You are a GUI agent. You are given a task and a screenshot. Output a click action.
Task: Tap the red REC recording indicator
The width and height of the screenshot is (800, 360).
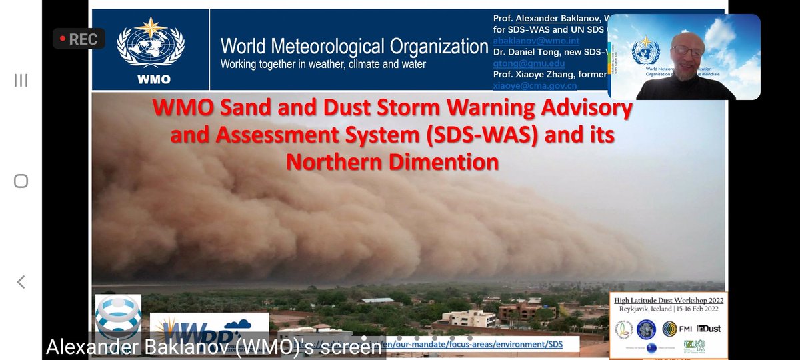[x=78, y=39]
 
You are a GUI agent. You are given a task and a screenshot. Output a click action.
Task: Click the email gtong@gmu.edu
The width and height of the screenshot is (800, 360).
[x=521, y=63]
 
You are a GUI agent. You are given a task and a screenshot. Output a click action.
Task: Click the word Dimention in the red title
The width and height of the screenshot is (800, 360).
[x=436, y=162]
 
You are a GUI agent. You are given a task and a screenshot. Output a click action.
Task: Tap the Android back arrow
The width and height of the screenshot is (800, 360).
[x=21, y=282]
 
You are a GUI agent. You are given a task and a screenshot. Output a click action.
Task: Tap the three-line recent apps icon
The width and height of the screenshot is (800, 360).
[x=21, y=81]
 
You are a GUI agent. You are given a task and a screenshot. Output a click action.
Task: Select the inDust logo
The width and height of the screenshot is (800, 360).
[x=708, y=328]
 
